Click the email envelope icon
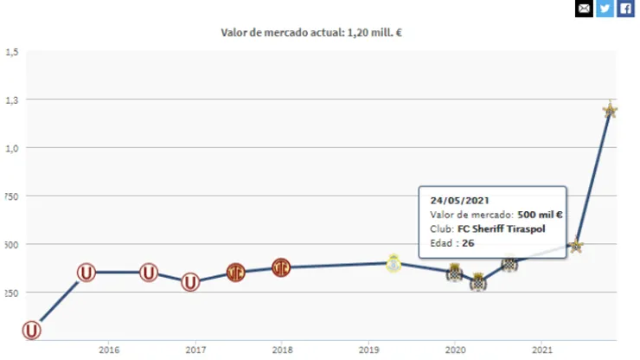(584, 9)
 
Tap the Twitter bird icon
(605, 9)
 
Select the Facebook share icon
(625, 9)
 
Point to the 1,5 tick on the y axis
(11, 52)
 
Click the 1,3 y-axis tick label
(11, 100)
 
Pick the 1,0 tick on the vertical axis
(11, 148)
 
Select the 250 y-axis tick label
(11, 292)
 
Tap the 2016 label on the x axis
(109, 350)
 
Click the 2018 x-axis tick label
(282, 350)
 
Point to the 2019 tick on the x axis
(368, 350)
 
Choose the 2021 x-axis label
(541, 350)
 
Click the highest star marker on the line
(610, 110)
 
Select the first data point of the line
(32, 330)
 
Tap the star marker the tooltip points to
(576, 246)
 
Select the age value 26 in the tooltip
(468, 243)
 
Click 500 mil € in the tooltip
(541, 214)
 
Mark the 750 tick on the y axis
(11, 196)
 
